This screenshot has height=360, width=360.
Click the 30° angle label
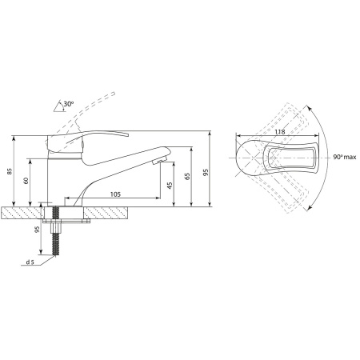tap(68, 104)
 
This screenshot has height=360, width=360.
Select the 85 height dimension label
tap(10, 171)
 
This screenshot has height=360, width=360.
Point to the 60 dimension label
tap(26, 181)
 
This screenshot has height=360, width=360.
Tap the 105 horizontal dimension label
tap(115, 194)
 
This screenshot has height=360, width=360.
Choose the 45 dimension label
tap(170, 186)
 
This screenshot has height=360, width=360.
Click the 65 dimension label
tap(187, 176)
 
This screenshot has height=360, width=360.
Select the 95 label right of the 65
tap(206, 172)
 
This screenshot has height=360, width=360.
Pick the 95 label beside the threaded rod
tap(38, 230)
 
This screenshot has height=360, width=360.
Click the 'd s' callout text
tap(30, 262)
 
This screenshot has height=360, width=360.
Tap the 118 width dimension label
tap(280, 132)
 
